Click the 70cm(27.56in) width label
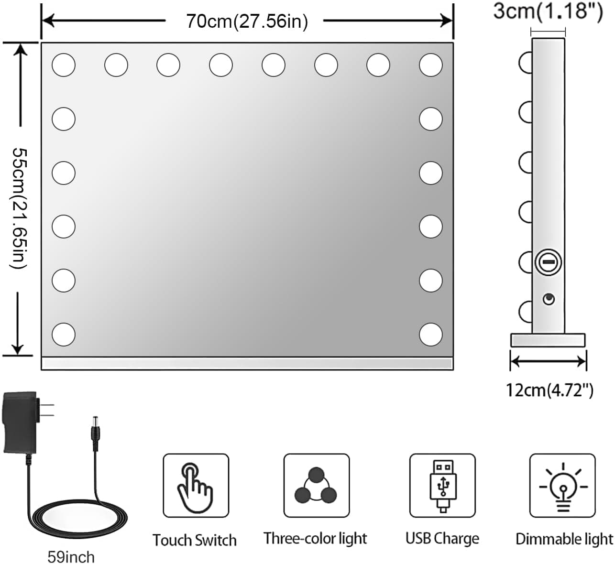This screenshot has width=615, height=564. pos(247,21)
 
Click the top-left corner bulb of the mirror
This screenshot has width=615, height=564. pos(64,65)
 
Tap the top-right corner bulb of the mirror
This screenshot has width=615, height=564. pos(430,65)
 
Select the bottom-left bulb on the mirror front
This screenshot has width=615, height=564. pos(64,334)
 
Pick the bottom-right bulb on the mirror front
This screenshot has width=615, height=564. pos(430,334)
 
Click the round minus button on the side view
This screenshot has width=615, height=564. pos(548,262)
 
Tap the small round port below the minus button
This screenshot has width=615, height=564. pos(549,299)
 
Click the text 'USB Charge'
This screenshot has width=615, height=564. pos(442,539)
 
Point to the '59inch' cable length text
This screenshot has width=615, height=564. pos(71,556)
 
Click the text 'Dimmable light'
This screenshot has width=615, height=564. pos(564,539)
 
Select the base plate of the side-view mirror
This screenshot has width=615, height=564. pos(548,340)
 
